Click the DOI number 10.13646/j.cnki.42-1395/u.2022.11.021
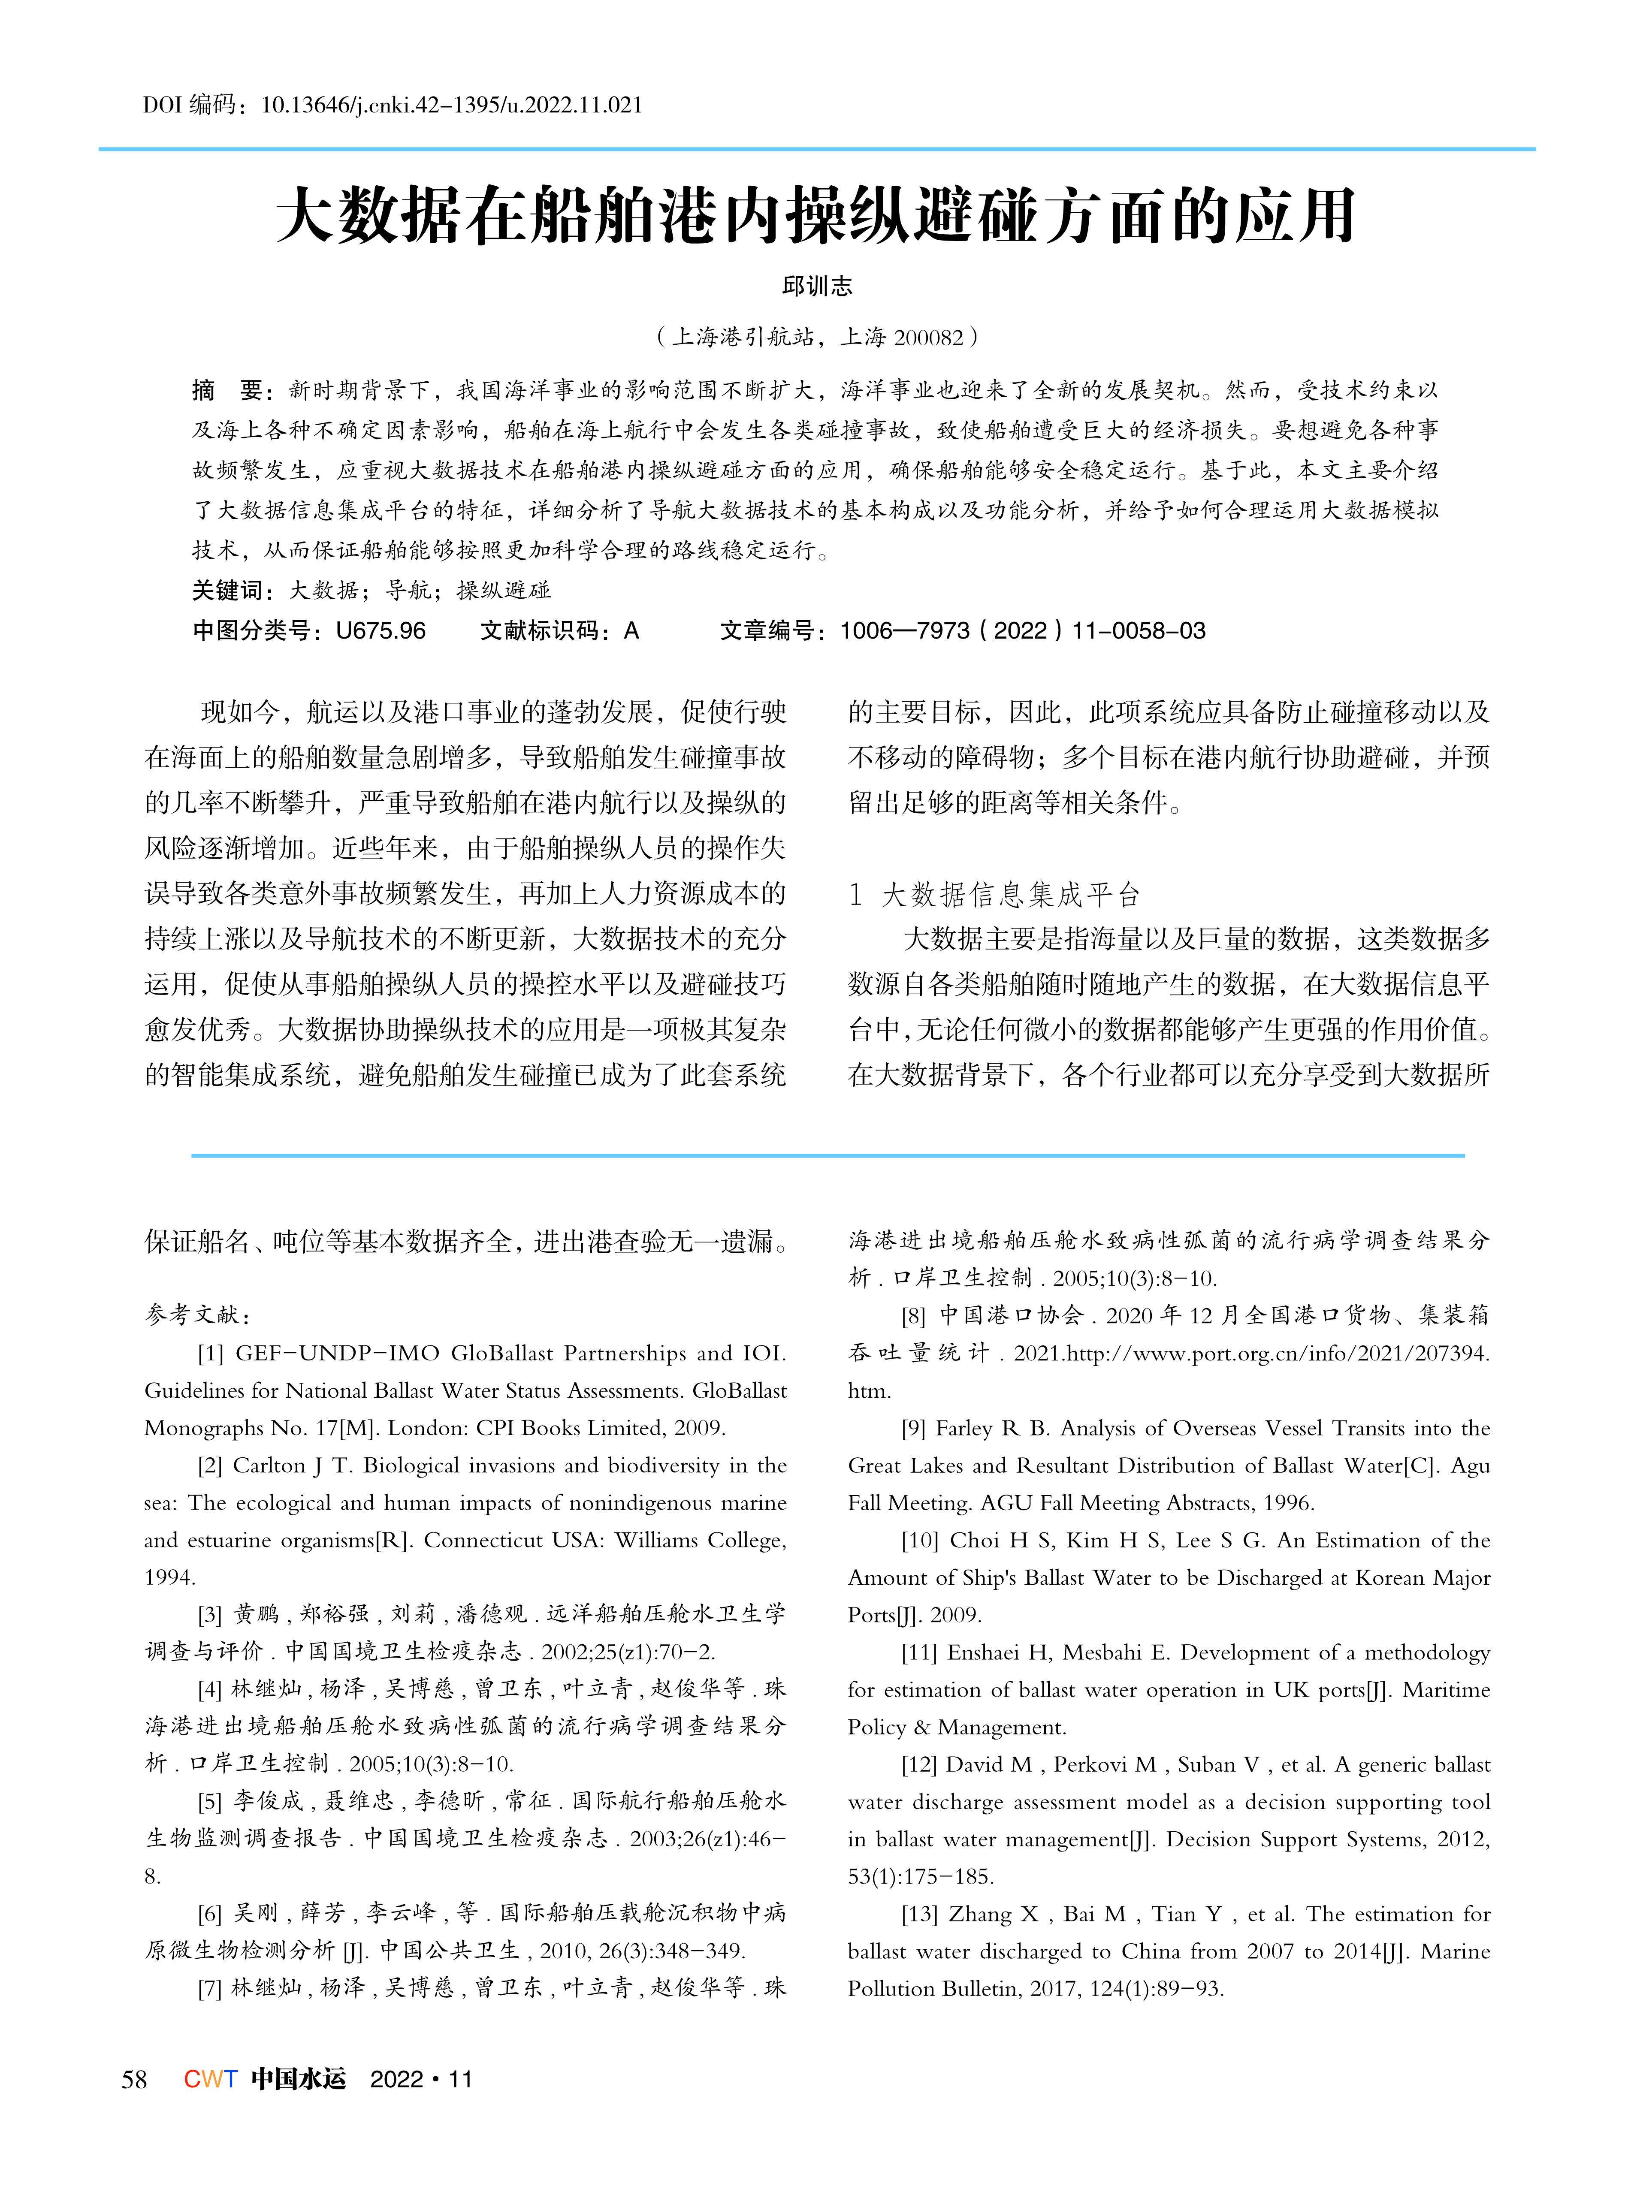click(451, 105)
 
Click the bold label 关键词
click(227, 590)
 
